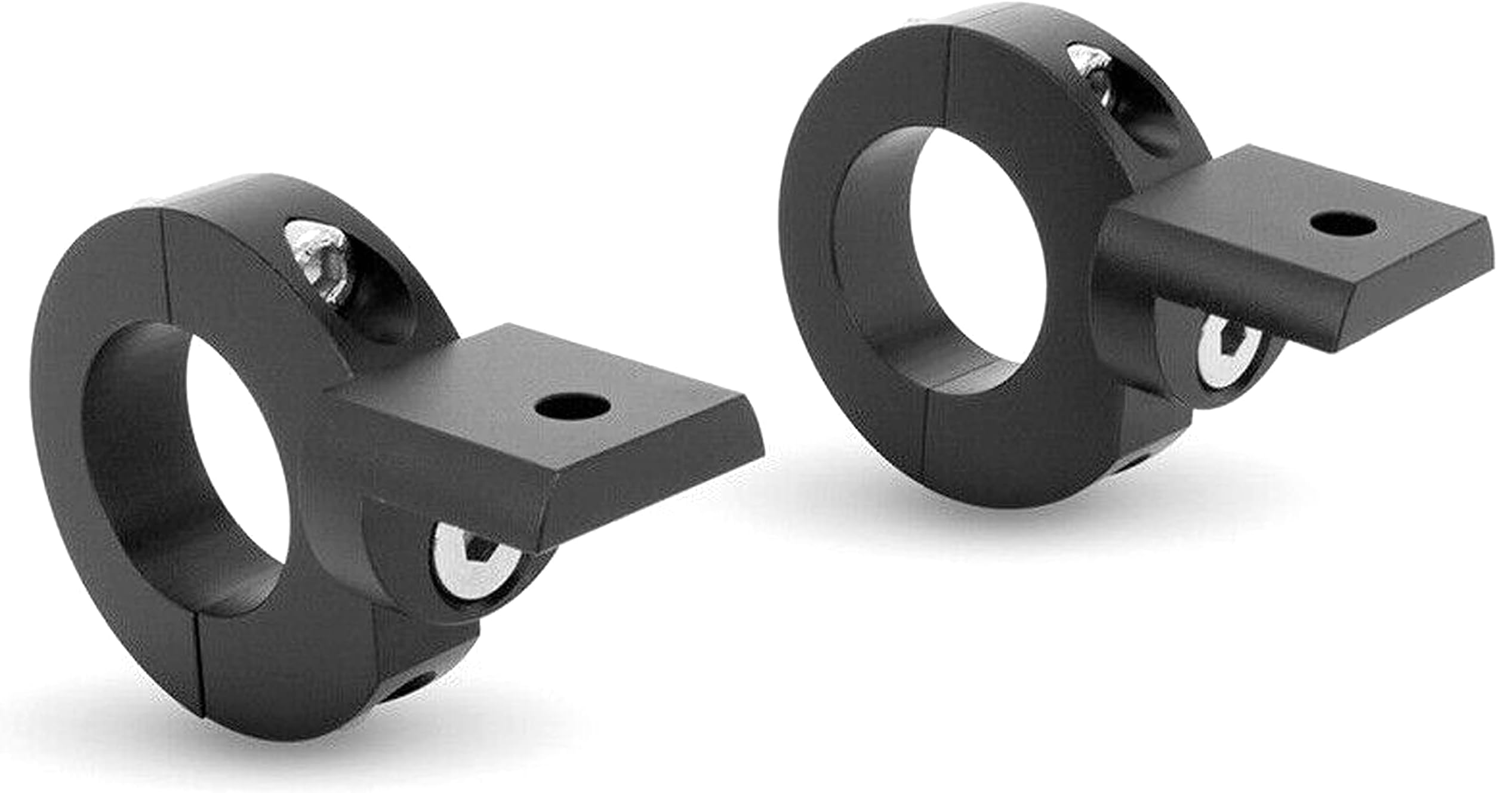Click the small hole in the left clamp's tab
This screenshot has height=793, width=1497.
(572, 408)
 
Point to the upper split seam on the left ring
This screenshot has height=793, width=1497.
(166, 263)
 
